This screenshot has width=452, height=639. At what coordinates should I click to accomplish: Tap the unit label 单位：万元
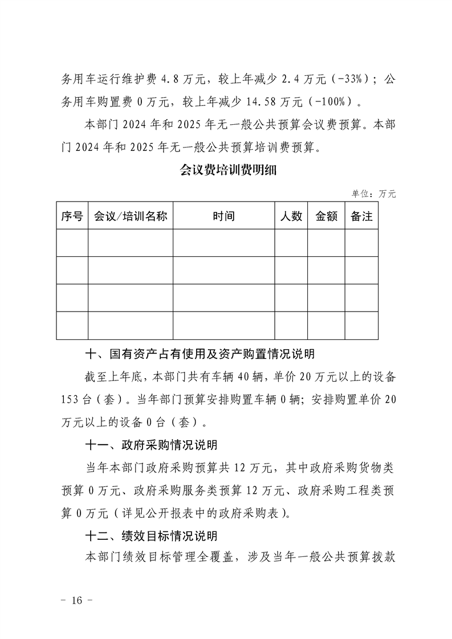(x=373, y=194)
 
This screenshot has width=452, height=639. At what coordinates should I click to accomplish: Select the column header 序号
(x=72, y=216)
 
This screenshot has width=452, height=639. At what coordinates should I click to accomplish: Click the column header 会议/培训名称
(x=130, y=216)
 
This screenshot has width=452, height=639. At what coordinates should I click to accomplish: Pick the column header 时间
(x=223, y=216)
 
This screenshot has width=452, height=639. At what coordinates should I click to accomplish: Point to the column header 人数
(x=291, y=216)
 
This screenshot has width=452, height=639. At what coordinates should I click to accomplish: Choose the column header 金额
(x=326, y=216)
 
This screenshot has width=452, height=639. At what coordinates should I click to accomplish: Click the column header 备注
(x=361, y=216)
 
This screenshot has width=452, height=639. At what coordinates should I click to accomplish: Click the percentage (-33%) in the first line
(x=349, y=79)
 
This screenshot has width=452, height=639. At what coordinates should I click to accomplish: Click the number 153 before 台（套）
(x=71, y=399)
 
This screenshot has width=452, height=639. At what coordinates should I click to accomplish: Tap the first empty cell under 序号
(x=72, y=243)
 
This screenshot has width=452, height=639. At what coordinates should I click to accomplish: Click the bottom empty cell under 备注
(x=361, y=326)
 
